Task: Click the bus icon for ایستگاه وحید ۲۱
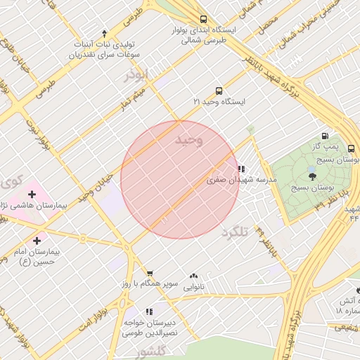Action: [x=219, y=91]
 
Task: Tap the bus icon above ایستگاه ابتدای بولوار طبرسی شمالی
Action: [x=203, y=20]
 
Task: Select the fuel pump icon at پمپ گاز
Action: [x=324, y=136]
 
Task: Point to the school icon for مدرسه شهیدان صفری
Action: [x=242, y=169]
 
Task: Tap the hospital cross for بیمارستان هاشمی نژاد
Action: [x=31, y=194]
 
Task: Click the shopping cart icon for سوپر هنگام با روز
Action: [x=149, y=273]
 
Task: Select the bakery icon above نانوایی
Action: [x=193, y=276]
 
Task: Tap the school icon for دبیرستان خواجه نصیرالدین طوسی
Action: [x=148, y=311]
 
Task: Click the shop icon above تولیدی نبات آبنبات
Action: [x=104, y=33]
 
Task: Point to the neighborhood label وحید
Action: [x=188, y=141]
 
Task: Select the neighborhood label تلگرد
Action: [x=235, y=232]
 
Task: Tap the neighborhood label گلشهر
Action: [x=152, y=352]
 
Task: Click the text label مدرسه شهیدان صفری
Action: [x=242, y=180]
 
